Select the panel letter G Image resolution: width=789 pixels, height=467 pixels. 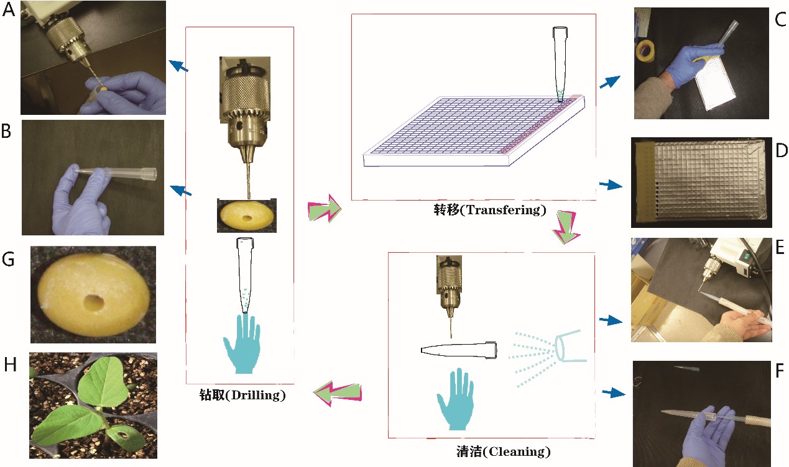click(9, 260)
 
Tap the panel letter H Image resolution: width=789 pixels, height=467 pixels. click(10, 366)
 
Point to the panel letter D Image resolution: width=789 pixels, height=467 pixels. click(780, 151)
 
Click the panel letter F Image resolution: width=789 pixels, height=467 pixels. click(780, 374)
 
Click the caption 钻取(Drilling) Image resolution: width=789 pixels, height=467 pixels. click(239, 395)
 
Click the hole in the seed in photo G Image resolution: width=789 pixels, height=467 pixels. click(95, 303)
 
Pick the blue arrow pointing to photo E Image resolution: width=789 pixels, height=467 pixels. click(610, 320)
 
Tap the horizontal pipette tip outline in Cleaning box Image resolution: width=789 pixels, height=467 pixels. click(459, 349)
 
